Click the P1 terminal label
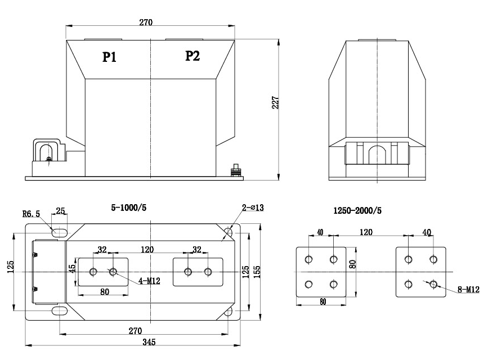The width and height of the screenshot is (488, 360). (109, 57)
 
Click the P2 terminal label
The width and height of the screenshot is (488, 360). (192, 56)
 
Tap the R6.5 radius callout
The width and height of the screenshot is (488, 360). (30, 214)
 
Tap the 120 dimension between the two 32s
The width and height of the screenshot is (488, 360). (147, 249)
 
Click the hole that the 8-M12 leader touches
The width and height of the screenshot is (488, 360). (433, 284)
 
